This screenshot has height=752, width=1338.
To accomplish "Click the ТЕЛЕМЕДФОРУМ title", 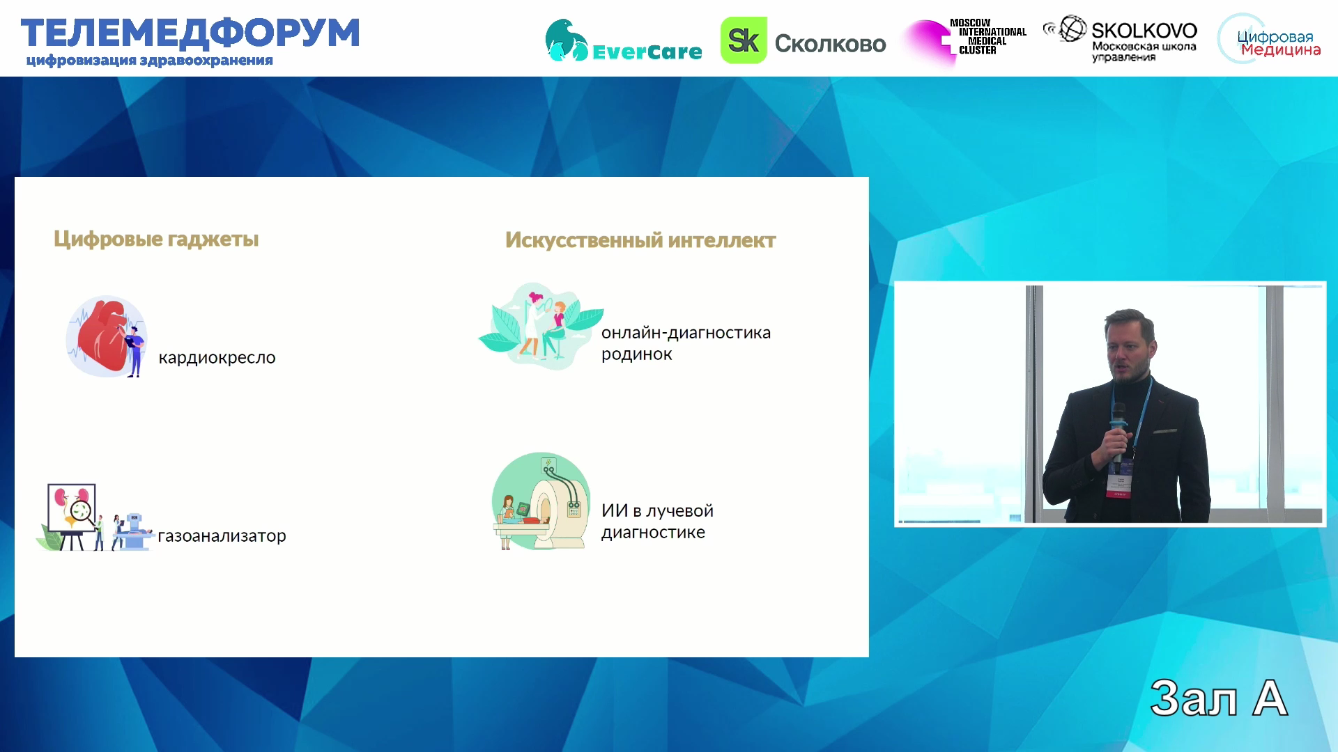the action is (190, 33).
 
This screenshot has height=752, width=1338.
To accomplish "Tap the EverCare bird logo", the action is (567, 40).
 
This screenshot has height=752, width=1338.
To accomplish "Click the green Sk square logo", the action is (744, 40).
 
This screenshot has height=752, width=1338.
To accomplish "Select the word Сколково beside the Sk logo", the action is (830, 44).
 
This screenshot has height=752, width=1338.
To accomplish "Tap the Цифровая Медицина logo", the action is (1270, 39).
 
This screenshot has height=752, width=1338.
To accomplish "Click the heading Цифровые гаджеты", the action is (156, 240).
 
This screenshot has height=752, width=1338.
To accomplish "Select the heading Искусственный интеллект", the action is (640, 240).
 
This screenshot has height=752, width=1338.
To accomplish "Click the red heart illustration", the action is (103, 336).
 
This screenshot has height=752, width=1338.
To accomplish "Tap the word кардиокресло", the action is (217, 358).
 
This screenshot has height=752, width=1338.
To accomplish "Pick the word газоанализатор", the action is (222, 535).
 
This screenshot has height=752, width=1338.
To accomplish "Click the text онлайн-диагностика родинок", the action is (686, 343).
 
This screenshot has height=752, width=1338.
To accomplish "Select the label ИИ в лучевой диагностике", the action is (657, 522).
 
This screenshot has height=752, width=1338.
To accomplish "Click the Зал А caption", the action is (1219, 698).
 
